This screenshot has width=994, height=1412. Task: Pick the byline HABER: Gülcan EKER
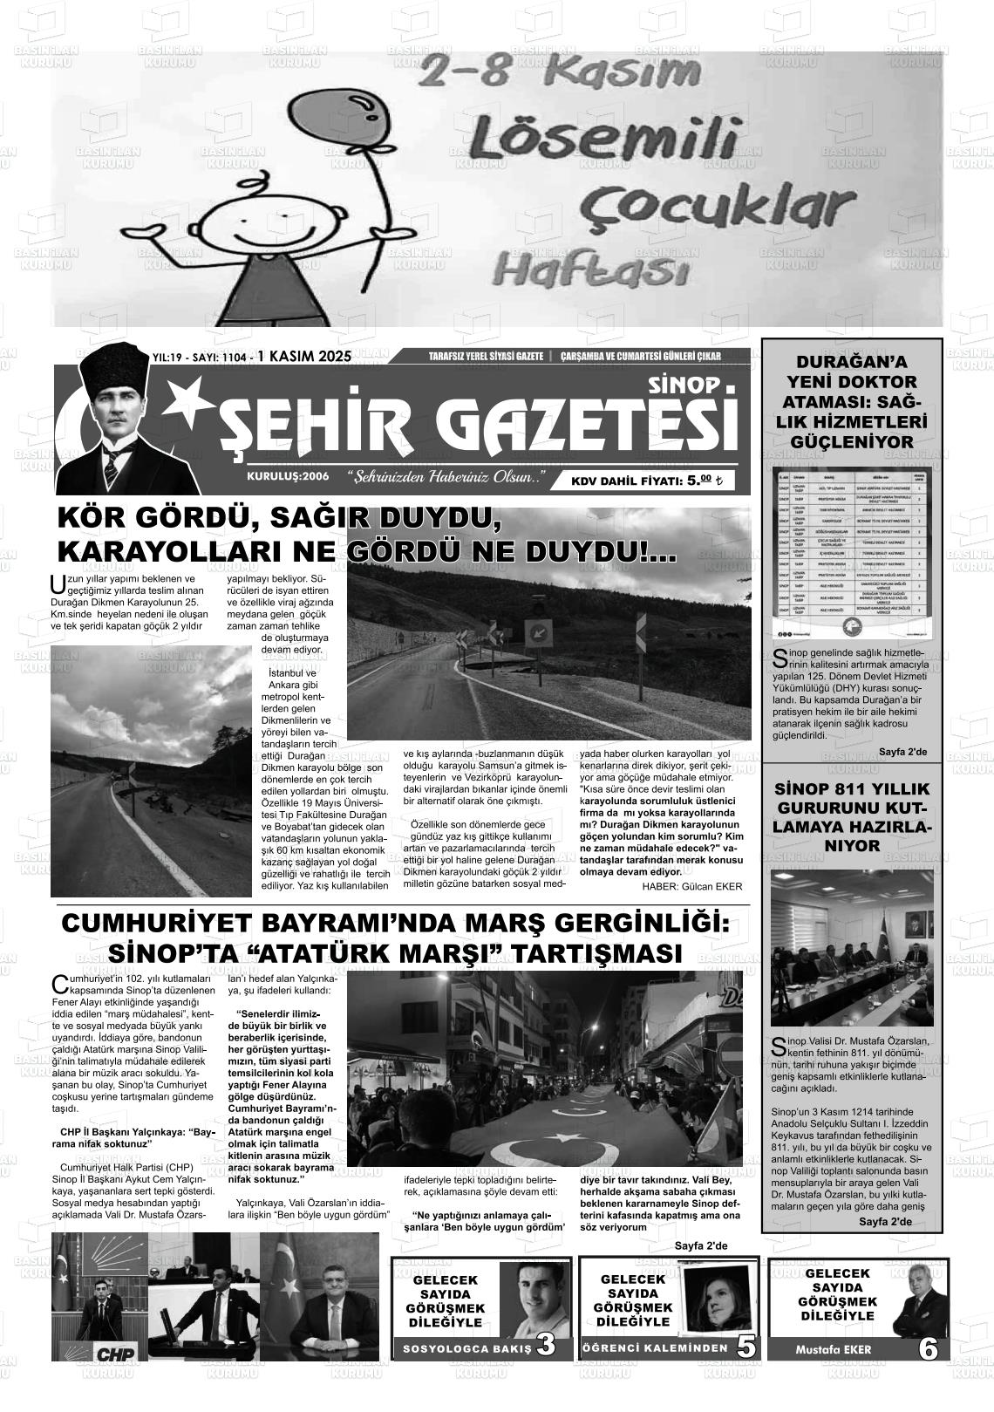[x=691, y=886]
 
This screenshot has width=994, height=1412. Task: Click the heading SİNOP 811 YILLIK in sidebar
[x=852, y=789]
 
